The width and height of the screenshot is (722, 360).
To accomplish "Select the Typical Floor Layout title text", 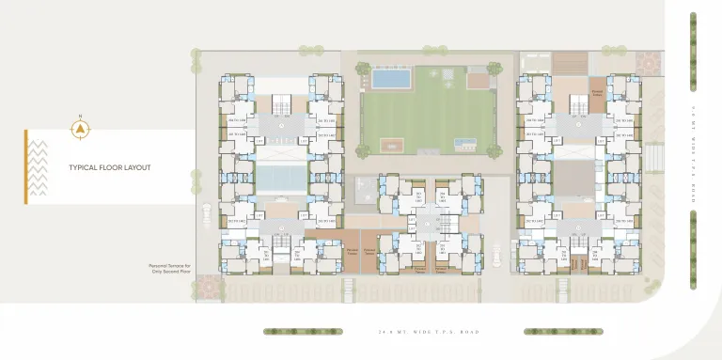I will pyautogui.click(x=110, y=168).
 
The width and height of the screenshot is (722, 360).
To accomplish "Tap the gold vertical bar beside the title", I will pyautogui.click(x=26, y=167).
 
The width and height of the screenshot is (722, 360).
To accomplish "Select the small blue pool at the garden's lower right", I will pyautogui.click(x=462, y=144).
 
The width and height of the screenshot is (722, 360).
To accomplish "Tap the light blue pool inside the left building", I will pyautogui.click(x=281, y=176).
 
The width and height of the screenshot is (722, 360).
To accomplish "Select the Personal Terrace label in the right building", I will pyautogui.click(x=597, y=92).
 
